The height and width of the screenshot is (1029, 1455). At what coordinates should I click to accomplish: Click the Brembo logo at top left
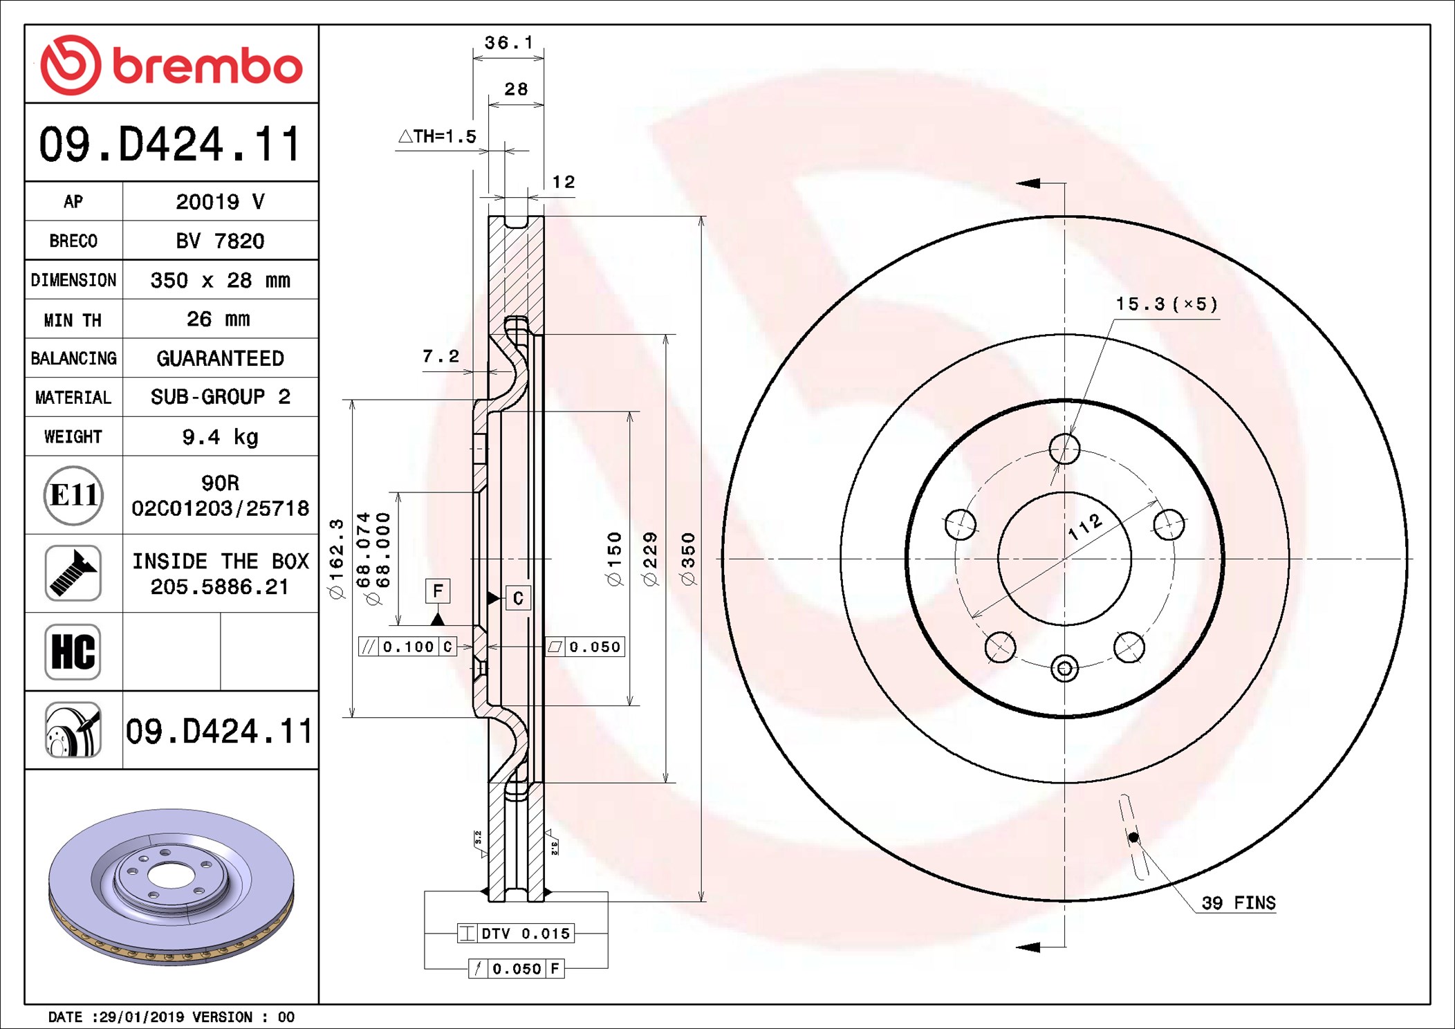pos(172,65)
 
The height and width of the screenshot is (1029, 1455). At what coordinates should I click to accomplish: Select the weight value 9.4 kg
pos(220,437)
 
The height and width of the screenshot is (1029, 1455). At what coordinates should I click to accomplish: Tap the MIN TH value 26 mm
pos(219,319)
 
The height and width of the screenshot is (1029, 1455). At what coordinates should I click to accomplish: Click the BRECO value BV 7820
pos(220,241)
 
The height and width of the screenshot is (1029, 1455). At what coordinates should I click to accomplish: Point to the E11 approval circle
pos(73,495)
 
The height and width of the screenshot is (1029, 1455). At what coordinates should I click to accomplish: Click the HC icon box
pos(73,651)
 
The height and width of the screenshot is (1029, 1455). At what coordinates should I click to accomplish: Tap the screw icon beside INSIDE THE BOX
pos(73,573)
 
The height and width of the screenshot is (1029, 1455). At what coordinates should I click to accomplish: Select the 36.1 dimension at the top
pos(509,43)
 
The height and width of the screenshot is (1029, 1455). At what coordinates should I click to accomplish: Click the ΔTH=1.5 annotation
pos(438,136)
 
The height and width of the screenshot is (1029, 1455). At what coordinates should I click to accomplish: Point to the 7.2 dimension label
pos(441,356)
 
